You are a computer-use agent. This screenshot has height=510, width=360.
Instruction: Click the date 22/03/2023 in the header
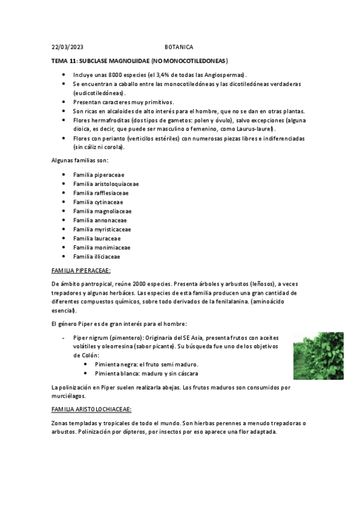coord(67,47)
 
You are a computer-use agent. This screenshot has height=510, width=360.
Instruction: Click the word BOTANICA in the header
coord(179,47)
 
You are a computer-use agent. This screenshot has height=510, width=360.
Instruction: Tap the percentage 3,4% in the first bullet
coord(164,75)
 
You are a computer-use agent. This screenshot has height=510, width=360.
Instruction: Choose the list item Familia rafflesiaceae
coord(100,193)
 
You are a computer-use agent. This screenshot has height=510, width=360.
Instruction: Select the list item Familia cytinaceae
coord(97,202)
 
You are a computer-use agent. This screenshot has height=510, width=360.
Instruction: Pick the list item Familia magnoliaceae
coord(102,211)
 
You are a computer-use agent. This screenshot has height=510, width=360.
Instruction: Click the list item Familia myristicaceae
coord(102,229)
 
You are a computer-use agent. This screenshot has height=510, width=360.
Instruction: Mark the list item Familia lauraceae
coord(96,238)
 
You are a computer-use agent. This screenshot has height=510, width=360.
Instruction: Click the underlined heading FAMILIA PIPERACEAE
coord(81,271)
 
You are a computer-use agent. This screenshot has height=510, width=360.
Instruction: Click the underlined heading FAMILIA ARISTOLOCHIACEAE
coord(91,409)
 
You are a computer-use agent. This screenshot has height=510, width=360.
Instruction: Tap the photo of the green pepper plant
coord(318,355)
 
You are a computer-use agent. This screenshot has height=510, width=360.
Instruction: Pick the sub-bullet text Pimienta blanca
coord(118,373)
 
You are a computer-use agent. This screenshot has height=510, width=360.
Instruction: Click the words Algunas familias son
coord(79,160)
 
